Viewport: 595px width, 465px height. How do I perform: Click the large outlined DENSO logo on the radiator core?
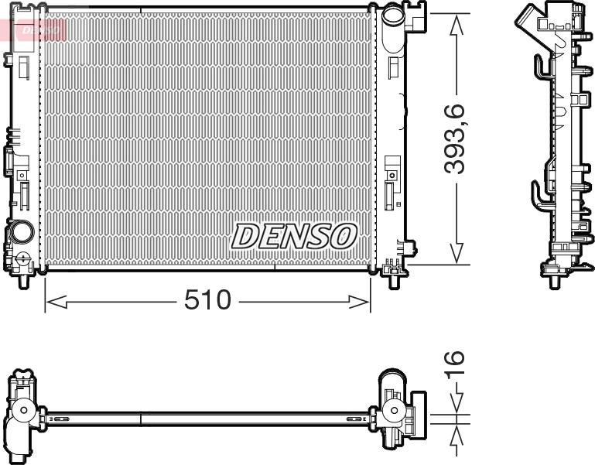pyautogui.click(x=294, y=236)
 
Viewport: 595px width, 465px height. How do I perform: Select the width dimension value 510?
pyautogui.click(x=207, y=300)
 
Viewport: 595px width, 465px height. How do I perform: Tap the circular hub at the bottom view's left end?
pyautogui.click(x=24, y=410)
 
